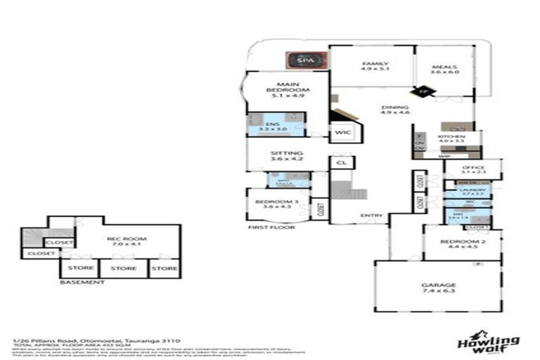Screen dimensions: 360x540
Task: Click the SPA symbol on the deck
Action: point(304,60)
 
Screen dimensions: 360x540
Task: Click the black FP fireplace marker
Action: point(423,91)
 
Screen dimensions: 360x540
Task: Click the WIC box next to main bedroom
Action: point(342,132)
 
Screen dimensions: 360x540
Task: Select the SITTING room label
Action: point(286,155)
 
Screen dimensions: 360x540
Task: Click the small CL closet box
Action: point(341,163)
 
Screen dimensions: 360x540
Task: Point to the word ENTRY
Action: point(371,215)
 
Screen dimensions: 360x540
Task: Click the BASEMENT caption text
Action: point(82,282)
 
